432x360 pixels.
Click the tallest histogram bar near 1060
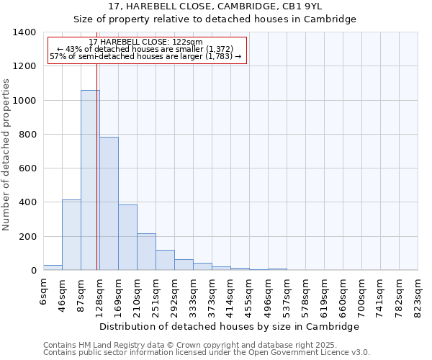pos(90,180)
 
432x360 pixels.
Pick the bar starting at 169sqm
pos(127,238)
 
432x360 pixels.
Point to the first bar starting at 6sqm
pos(53,267)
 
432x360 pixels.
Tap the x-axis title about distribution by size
pos(229,326)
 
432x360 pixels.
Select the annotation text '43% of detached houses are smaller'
pos(147,48)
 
